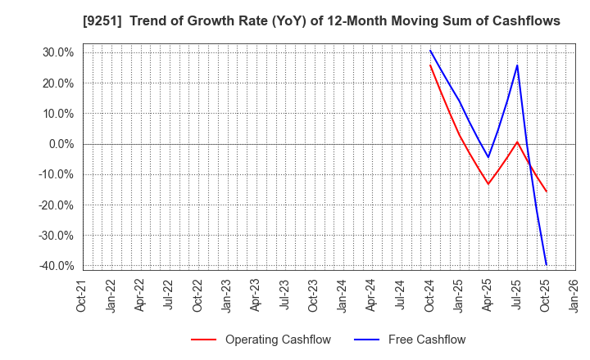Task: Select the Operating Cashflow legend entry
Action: click(272, 340)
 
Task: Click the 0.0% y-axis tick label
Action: click(60, 144)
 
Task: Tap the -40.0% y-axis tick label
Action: click(56, 266)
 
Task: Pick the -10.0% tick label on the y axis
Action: click(56, 174)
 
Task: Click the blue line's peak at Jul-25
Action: click(517, 65)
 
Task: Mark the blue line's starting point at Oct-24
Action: click(430, 50)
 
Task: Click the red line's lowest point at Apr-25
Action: click(488, 183)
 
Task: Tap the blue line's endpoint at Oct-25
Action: click(546, 264)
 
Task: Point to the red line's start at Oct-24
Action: click(430, 65)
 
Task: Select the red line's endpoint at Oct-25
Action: click(546, 191)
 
